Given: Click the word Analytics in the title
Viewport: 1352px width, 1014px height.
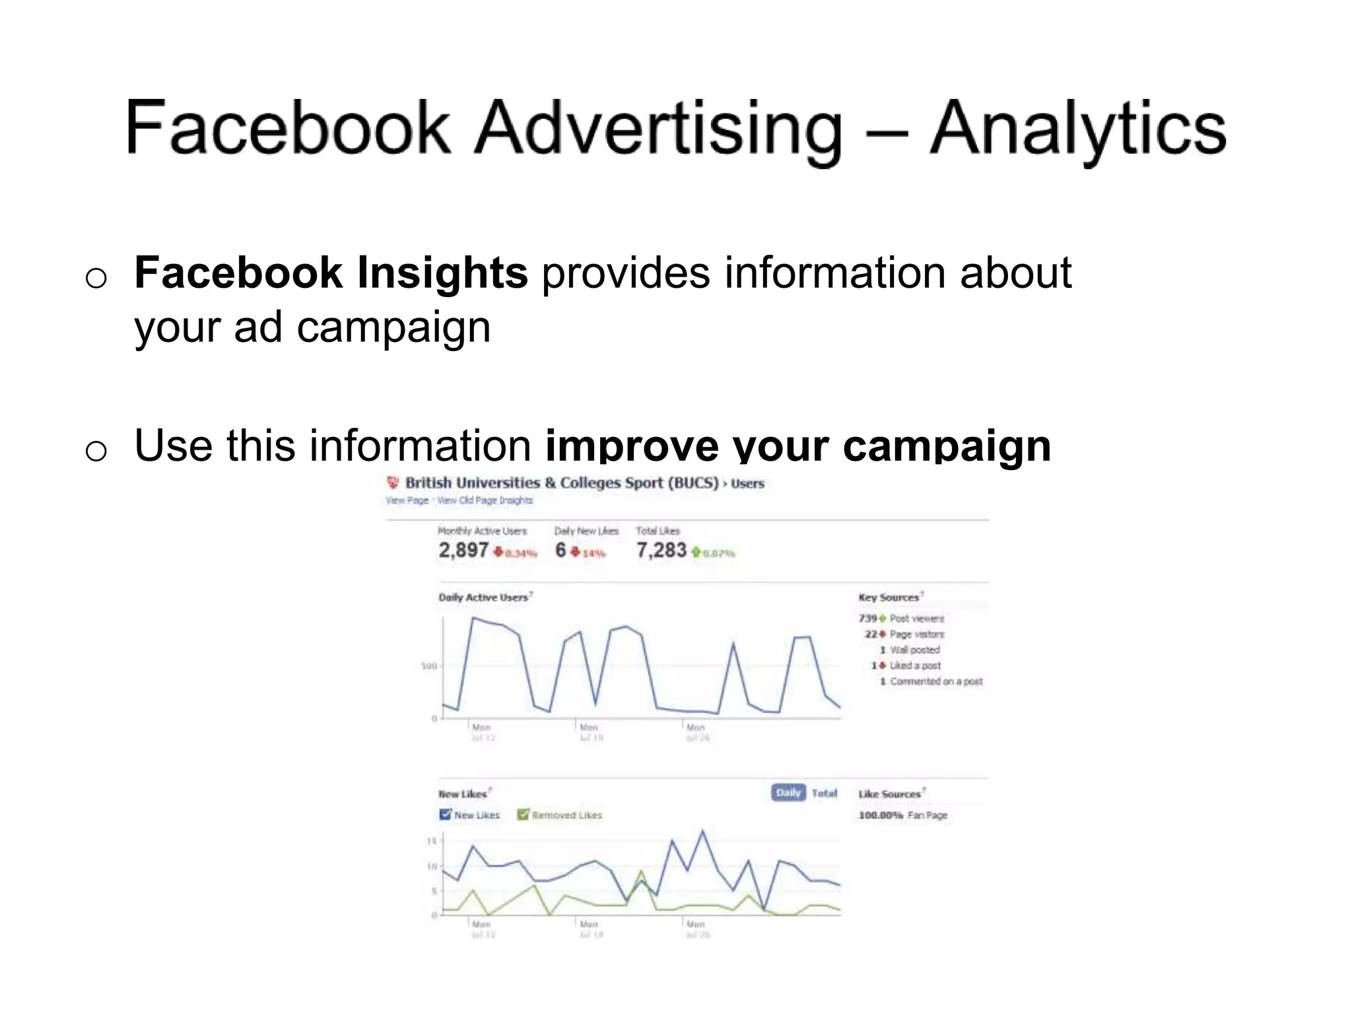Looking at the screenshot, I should point(1077,129).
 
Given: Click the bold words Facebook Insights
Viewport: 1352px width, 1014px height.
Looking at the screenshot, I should point(331,273).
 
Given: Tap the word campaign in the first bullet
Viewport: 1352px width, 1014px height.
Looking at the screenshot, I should point(393,327).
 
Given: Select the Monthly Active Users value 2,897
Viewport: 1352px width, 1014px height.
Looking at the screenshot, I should point(463,550).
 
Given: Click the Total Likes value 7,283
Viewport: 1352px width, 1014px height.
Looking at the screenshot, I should point(661,550).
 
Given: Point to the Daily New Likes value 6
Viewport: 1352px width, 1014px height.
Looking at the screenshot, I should point(560,550).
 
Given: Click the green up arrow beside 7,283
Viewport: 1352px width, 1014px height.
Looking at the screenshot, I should point(695,552).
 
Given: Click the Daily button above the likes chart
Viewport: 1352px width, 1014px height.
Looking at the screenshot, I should point(788,793).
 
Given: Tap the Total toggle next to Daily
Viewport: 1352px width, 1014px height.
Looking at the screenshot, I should point(824,793).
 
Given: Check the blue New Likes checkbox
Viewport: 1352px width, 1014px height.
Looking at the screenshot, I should point(445,815).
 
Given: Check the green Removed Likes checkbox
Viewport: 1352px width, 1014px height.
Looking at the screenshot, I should point(523,815).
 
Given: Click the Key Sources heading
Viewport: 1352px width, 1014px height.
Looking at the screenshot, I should point(889,597).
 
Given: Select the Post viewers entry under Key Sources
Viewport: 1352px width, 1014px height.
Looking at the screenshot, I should point(916,619).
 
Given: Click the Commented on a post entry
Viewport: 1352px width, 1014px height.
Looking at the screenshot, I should point(935,681).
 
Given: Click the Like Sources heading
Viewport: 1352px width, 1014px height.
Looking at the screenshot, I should point(889,794).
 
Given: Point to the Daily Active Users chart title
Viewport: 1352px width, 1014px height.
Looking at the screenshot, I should point(483,597).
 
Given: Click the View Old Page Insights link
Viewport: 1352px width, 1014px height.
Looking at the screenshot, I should point(485,500).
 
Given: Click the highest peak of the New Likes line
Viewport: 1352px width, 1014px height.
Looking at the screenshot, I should point(702,831).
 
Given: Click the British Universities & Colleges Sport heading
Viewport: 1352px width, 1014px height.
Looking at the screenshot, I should point(561,483).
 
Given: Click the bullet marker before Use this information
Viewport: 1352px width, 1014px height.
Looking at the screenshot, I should point(96,451).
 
